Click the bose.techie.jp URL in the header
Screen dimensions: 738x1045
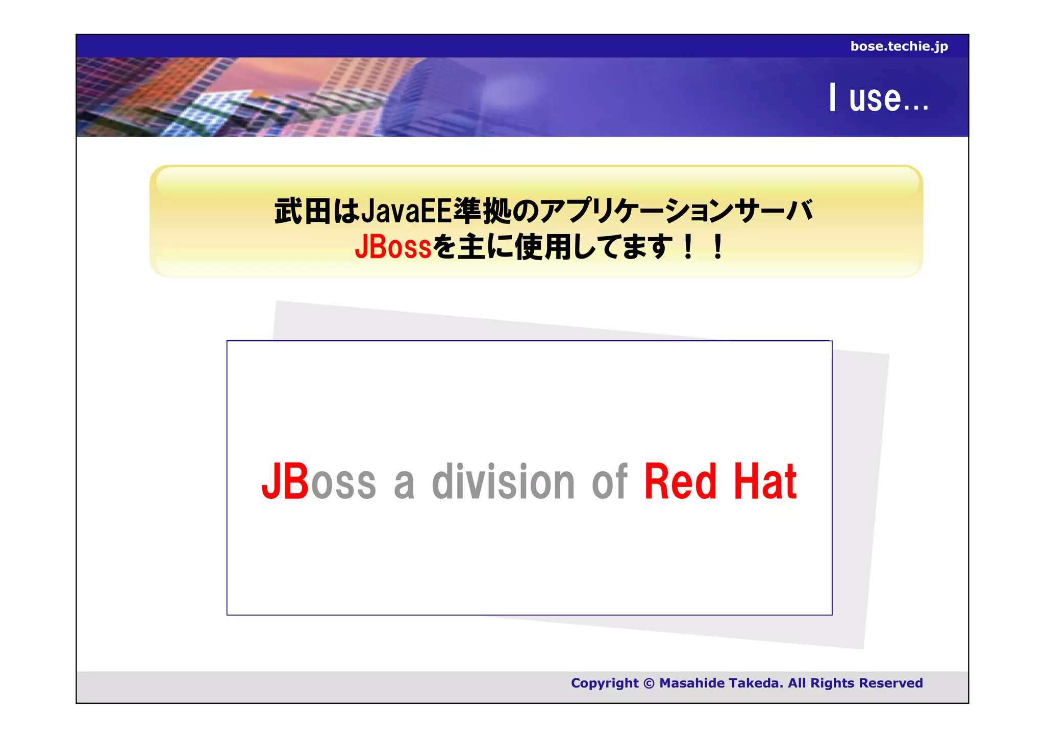(x=899, y=46)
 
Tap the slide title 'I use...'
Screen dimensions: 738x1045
(x=878, y=98)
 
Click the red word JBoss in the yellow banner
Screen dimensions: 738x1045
(x=393, y=247)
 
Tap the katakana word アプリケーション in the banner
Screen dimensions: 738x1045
(x=630, y=211)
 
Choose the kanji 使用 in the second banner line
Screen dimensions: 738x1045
(x=544, y=247)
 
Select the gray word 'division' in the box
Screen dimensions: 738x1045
(x=503, y=482)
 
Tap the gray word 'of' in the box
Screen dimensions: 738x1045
(x=609, y=482)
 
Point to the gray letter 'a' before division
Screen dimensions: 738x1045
(x=404, y=485)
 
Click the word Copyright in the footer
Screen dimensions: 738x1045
(x=605, y=683)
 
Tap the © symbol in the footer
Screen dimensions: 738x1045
(x=649, y=683)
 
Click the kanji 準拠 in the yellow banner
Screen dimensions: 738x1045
(x=482, y=211)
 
